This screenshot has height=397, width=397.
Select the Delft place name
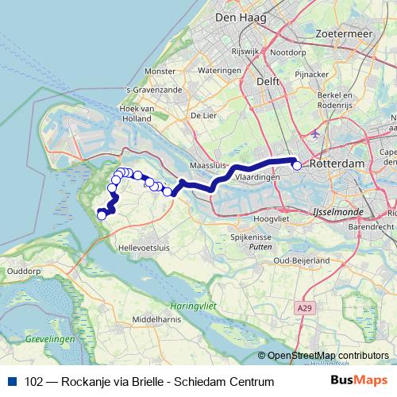click(x=266, y=81)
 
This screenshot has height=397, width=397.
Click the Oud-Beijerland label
click(x=301, y=260)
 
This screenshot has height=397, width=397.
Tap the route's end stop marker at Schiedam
click(x=297, y=165)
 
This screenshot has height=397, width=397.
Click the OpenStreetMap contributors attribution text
click(x=328, y=356)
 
